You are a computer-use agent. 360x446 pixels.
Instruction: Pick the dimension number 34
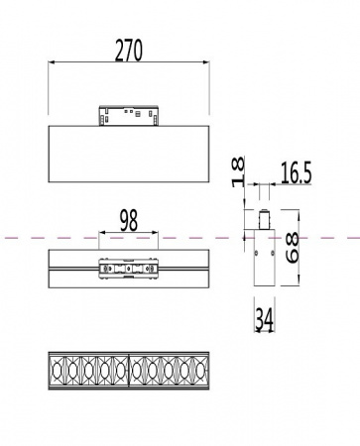[x=265, y=320]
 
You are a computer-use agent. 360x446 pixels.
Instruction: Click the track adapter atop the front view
[x=129, y=116]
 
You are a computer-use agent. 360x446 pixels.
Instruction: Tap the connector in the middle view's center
[x=129, y=269]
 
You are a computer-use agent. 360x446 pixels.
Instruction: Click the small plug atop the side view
[x=264, y=219]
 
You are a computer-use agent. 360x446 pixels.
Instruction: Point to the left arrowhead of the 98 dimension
[x=102, y=235]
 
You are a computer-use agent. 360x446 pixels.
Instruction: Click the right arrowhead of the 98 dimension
[x=156, y=235]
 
